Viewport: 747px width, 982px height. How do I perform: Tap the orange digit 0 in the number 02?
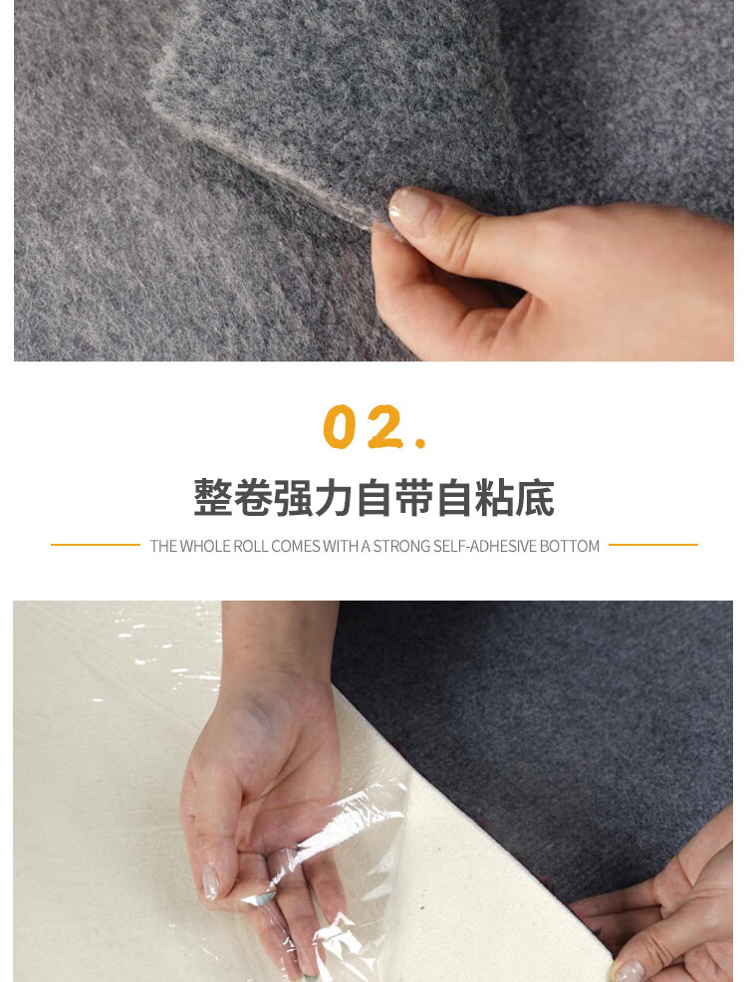340,427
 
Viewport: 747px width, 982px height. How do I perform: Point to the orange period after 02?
420,442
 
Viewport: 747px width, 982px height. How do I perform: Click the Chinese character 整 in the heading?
212,498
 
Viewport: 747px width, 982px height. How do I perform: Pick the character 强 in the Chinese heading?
294,498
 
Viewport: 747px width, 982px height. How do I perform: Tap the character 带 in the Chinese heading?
415,498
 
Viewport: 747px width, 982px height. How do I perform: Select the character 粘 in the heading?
495,498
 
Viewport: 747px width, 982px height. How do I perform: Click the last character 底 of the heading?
536,498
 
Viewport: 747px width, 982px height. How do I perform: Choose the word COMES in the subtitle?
295,546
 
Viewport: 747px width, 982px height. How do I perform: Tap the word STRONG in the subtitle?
401,546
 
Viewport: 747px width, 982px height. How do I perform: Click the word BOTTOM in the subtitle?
570,546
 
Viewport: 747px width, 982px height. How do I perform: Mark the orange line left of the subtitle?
96,545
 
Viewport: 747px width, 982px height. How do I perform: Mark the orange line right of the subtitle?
652,545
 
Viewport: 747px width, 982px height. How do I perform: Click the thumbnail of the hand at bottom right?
627,968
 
